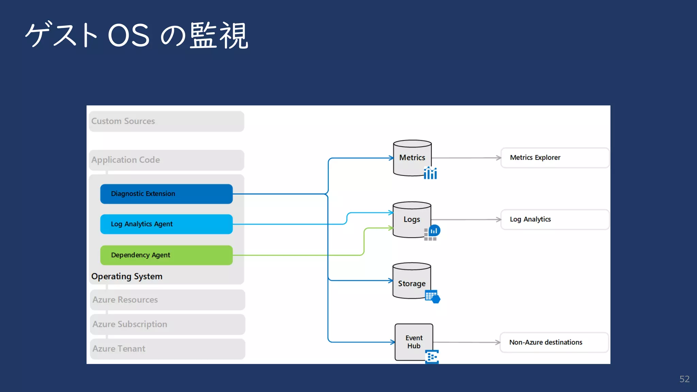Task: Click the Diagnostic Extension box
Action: pos(166,194)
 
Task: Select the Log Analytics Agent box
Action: pos(166,224)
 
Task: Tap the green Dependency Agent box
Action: pos(166,255)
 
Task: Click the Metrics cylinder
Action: pos(412,158)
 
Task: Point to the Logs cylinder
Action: pos(411,219)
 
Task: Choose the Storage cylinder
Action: pos(411,281)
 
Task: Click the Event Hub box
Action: pos(414,342)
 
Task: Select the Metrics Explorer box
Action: pos(554,158)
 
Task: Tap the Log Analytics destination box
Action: pos(554,219)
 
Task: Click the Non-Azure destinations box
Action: pos(554,342)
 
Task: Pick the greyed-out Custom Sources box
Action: pos(166,121)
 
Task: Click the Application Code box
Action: pos(166,160)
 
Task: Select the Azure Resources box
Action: pos(167,300)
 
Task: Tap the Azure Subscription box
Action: pos(167,324)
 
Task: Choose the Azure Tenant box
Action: pos(167,349)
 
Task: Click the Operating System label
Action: pos(127,276)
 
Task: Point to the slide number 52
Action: pos(684,379)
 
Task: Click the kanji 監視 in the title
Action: pos(218,35)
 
